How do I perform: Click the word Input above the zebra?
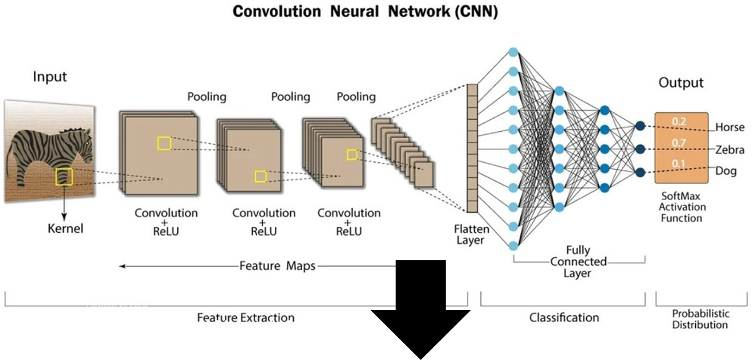(x=50, y=77)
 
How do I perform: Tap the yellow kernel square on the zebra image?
(x=64, y=177)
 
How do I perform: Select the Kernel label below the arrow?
(x=65, y=229)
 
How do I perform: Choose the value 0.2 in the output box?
(x=679, y=122)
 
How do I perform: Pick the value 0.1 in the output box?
(x=679, y=165)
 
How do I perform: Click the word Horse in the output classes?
(x=730, y=127)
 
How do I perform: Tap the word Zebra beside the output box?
(x=730, y=150)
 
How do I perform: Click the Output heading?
(x=681, y=83)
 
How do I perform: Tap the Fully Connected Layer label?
(x=578, y=261)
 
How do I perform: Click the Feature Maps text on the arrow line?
(x=278, y=266)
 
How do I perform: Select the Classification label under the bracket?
(x=564, y=318)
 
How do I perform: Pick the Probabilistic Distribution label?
(x=700, y=319)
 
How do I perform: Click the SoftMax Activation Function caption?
(x=682, y=207)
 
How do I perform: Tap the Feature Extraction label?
(x=246, y=318)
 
